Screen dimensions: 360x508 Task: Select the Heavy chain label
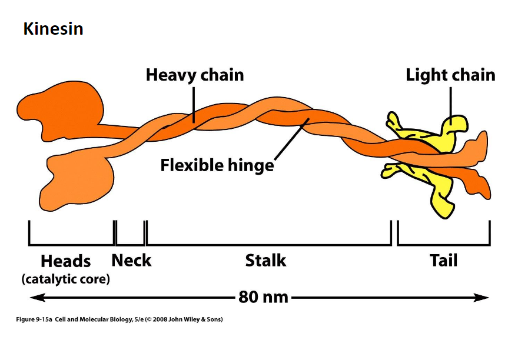194,75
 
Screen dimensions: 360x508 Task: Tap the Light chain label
450,75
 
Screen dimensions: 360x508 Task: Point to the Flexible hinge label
217,165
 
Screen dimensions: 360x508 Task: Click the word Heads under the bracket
65,261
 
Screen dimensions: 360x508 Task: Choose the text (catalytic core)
66,279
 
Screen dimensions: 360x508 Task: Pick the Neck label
131,260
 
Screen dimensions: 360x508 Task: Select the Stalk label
265,260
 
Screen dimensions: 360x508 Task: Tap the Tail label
443,260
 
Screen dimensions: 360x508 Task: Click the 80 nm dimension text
263,296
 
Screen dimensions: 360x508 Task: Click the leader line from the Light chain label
451,102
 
